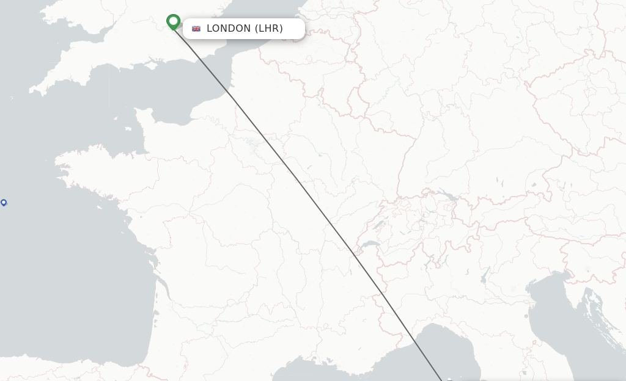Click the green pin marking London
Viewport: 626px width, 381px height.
coord(174,21)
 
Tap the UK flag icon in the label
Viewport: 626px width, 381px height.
coord(196,28)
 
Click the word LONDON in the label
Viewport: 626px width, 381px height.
coord(229,28)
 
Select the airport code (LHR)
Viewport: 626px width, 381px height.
coord(268,28)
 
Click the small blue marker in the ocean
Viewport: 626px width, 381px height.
coord(4,203)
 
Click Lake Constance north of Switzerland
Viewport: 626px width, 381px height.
coord(448,197)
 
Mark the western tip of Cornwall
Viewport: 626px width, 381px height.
coord(31,92)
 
